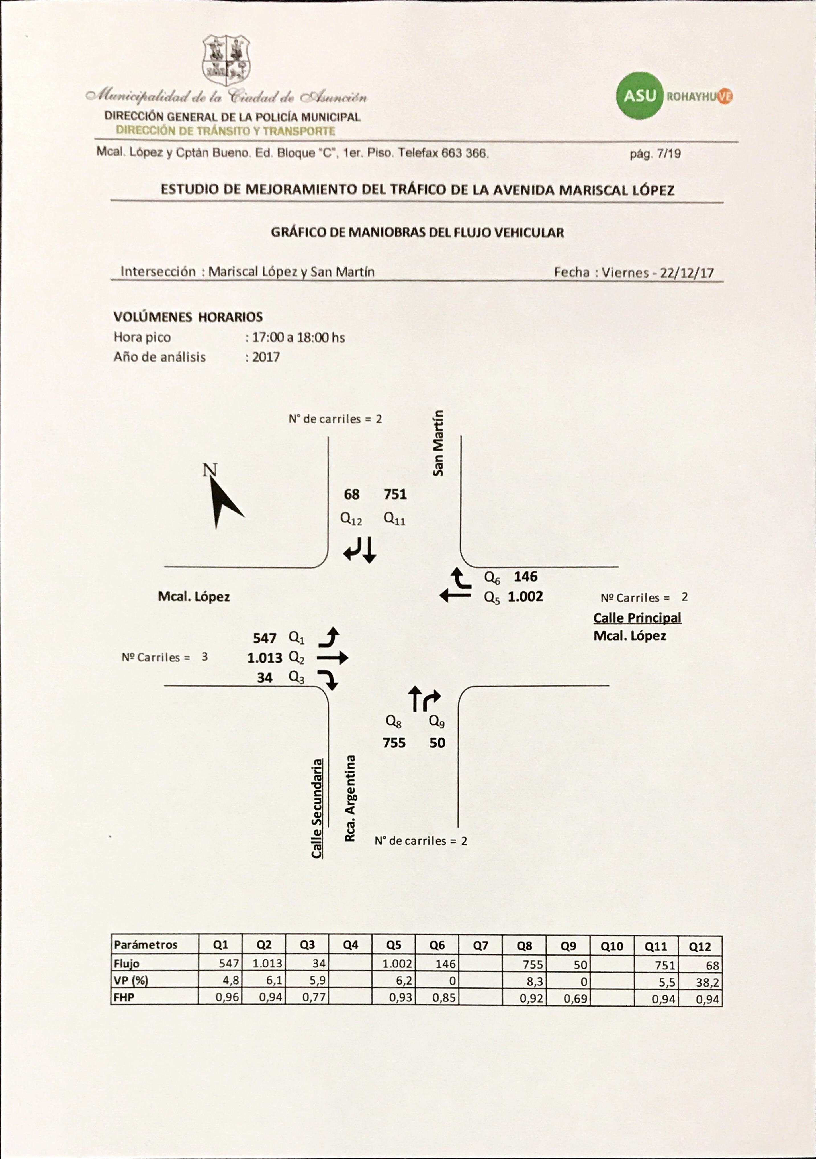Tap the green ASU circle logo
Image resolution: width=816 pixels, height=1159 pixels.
[639, 95]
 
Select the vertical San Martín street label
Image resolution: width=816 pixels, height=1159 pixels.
[438, 443]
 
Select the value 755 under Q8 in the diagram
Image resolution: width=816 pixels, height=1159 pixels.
[394, 743]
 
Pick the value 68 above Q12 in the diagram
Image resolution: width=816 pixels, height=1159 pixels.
[352, 494]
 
